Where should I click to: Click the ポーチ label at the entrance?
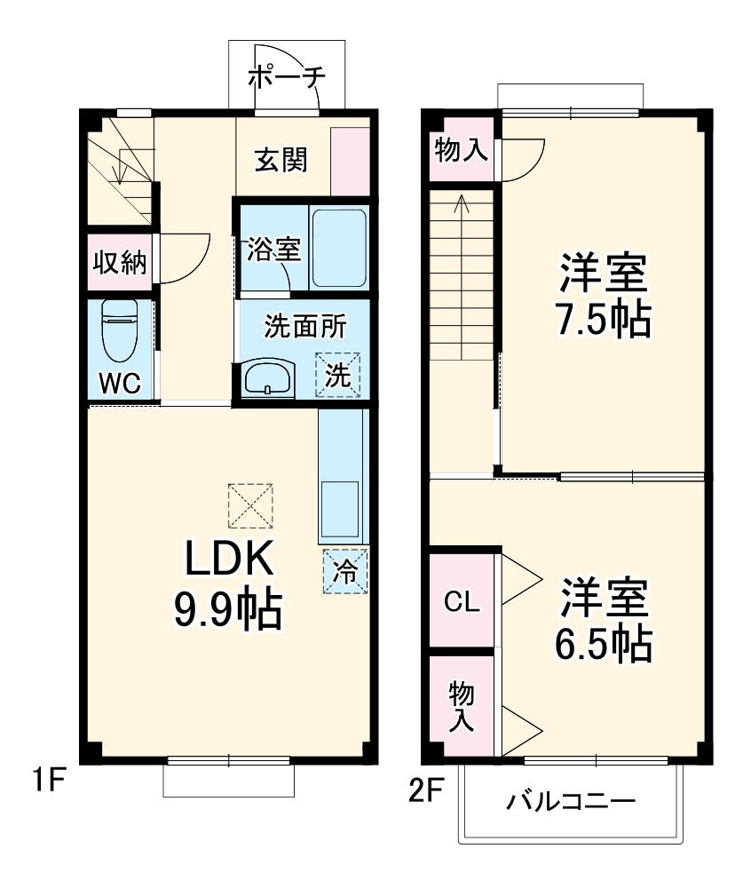pyautogui.click(x=286, y=76)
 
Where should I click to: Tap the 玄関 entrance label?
pyautogui.click(x=281, y=160)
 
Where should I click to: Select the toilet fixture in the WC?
pyautogui.click(x=120, y=329)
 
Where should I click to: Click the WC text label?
pyautogui.click(x=119, y=383)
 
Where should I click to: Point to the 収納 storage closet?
pyautogui.click(x=120, y=262)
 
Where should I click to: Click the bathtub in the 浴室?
pyautogui.click(x=339, y=248)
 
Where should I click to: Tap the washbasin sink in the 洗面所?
pyautogui.click(x=268, y=378)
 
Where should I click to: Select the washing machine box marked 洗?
pyautogui.click(x=339, y=374)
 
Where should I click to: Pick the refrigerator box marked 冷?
pyautogui.click(x=344, y=571)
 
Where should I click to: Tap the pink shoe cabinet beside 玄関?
pyautogui.click(x=350, y=161)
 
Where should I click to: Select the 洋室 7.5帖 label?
pyautogui.click(x=604, y=295)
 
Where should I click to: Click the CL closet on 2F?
pyautogui.click(x=462, y=602)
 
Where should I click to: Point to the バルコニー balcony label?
pyautogui.click(x=571, y=802)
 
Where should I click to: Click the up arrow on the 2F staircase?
pyautogui.click(x=462, y=206)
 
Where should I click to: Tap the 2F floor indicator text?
pyautogui.click(x=426, y=790)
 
